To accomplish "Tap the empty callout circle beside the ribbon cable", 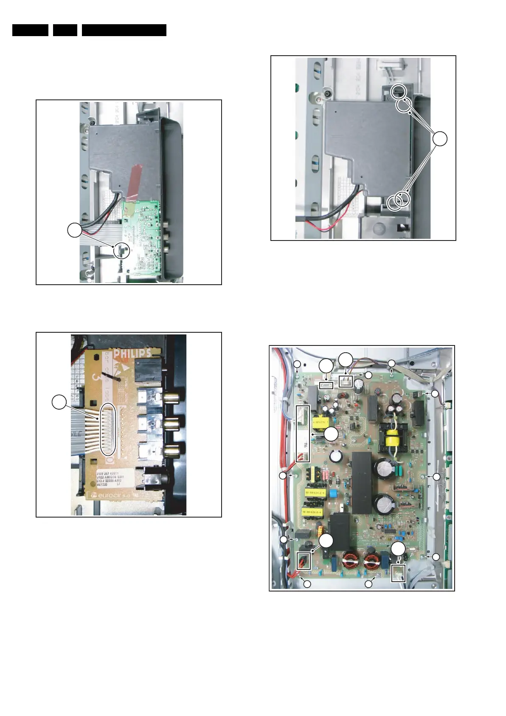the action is click(x=59, y=402).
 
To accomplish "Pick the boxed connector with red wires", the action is click(x=304, y=560).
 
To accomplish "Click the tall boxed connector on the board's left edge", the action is click(x=303, y=433).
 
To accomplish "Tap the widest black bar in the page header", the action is click(x=124, y=30).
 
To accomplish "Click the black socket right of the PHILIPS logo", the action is click(x=147, y=369).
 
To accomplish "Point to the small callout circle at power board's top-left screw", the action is click(x=297, y=364).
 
